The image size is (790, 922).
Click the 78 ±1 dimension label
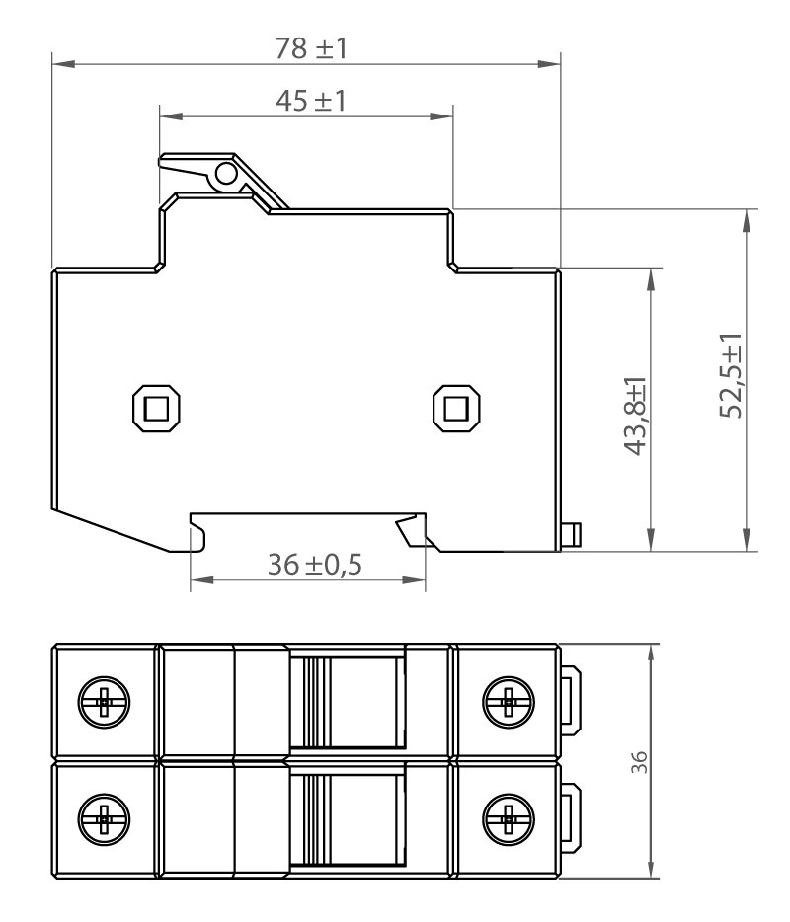click(x=311, y=47)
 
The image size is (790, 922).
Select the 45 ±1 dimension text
click(x=311, y=101)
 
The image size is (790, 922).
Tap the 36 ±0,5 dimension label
click(x=315, y=565)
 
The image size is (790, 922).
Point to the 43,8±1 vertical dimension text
click(x=635, y=417)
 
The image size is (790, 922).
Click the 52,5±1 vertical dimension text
click(x=731, y=375)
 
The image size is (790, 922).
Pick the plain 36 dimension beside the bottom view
click(x=639, y=762)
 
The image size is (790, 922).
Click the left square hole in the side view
click(x=156, y=409)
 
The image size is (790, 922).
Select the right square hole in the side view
click(x=456, y=409)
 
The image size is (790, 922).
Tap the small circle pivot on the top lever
click(x=226, y=174)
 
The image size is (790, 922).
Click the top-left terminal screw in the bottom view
click(x=104, y=702)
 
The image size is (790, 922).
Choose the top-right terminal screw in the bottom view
click(x=509, y=702)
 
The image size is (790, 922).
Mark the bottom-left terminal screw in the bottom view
click(x=104, y=818)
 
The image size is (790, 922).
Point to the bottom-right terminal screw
click(x=509, y=818)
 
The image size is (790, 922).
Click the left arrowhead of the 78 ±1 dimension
click(x=63, y=63)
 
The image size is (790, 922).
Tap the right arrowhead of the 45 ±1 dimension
click(x=441, y=116)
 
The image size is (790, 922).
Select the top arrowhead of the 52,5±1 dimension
click(x=748, y=220)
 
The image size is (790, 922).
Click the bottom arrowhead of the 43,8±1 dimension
click(x=651, y=540)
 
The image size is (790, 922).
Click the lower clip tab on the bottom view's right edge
click(x=571, y=817)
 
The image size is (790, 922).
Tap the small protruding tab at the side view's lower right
click(x=571, y=534)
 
